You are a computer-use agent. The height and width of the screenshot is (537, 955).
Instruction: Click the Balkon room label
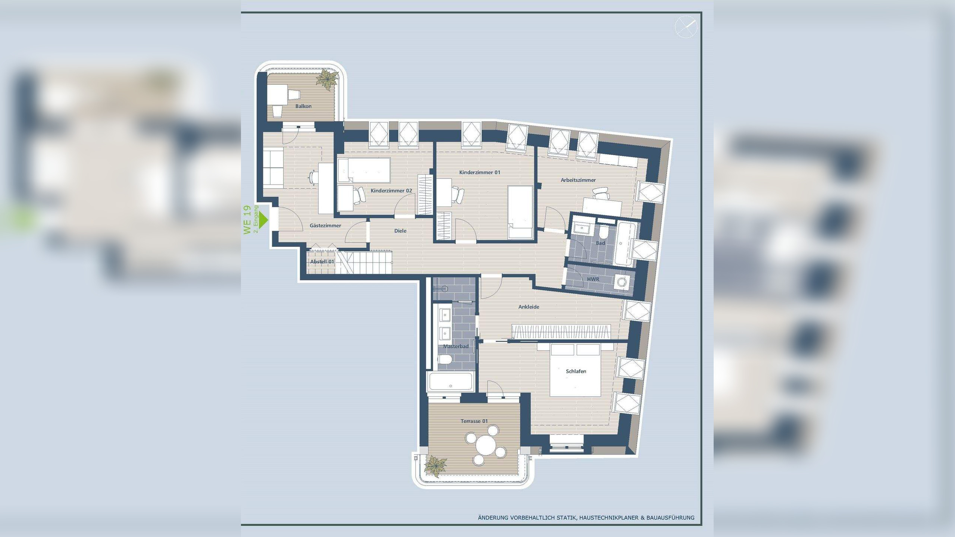coord(303,106)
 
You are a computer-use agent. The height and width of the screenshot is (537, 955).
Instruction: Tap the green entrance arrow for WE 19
coord(264,219)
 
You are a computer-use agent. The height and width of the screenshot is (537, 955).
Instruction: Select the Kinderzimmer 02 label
coord(391,191)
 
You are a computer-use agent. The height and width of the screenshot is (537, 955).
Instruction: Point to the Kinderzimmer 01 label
coord(479,172)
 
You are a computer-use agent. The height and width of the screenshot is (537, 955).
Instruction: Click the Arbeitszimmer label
coord(578,180)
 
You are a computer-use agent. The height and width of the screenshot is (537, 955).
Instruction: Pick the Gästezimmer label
coord(325,226)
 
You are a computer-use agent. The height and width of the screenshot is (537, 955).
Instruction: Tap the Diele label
coord(400,231)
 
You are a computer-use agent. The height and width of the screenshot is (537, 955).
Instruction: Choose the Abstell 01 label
coord(322,262)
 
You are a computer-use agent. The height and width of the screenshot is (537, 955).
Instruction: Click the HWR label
coord(593,279)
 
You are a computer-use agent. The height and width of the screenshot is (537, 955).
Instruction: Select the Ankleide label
coord(529,307)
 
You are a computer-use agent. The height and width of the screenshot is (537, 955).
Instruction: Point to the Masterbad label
coord(455,346)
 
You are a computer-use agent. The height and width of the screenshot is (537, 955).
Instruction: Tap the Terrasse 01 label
coord(474,421)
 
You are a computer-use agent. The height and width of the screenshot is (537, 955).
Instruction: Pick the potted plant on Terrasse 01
coord(435,466)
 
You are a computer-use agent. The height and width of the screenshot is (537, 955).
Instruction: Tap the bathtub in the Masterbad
coord(451,381)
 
